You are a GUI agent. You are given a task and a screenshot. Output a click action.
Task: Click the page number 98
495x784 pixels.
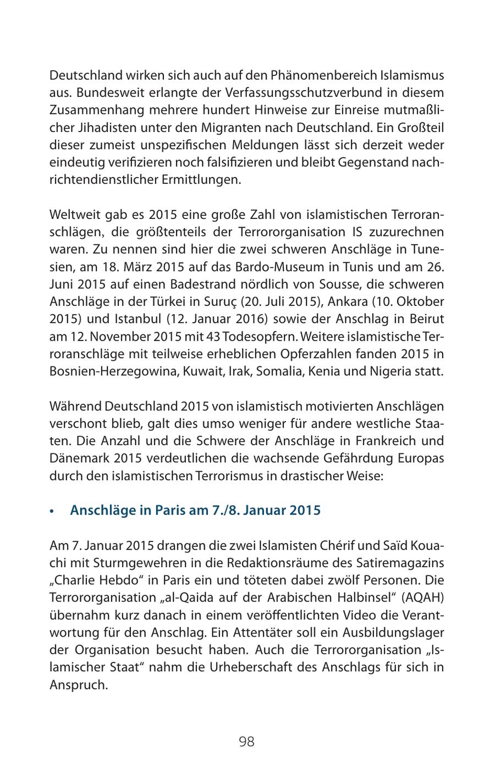[x=247, y=741]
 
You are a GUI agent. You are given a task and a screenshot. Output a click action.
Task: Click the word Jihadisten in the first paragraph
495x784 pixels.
[x=102, y=127]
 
